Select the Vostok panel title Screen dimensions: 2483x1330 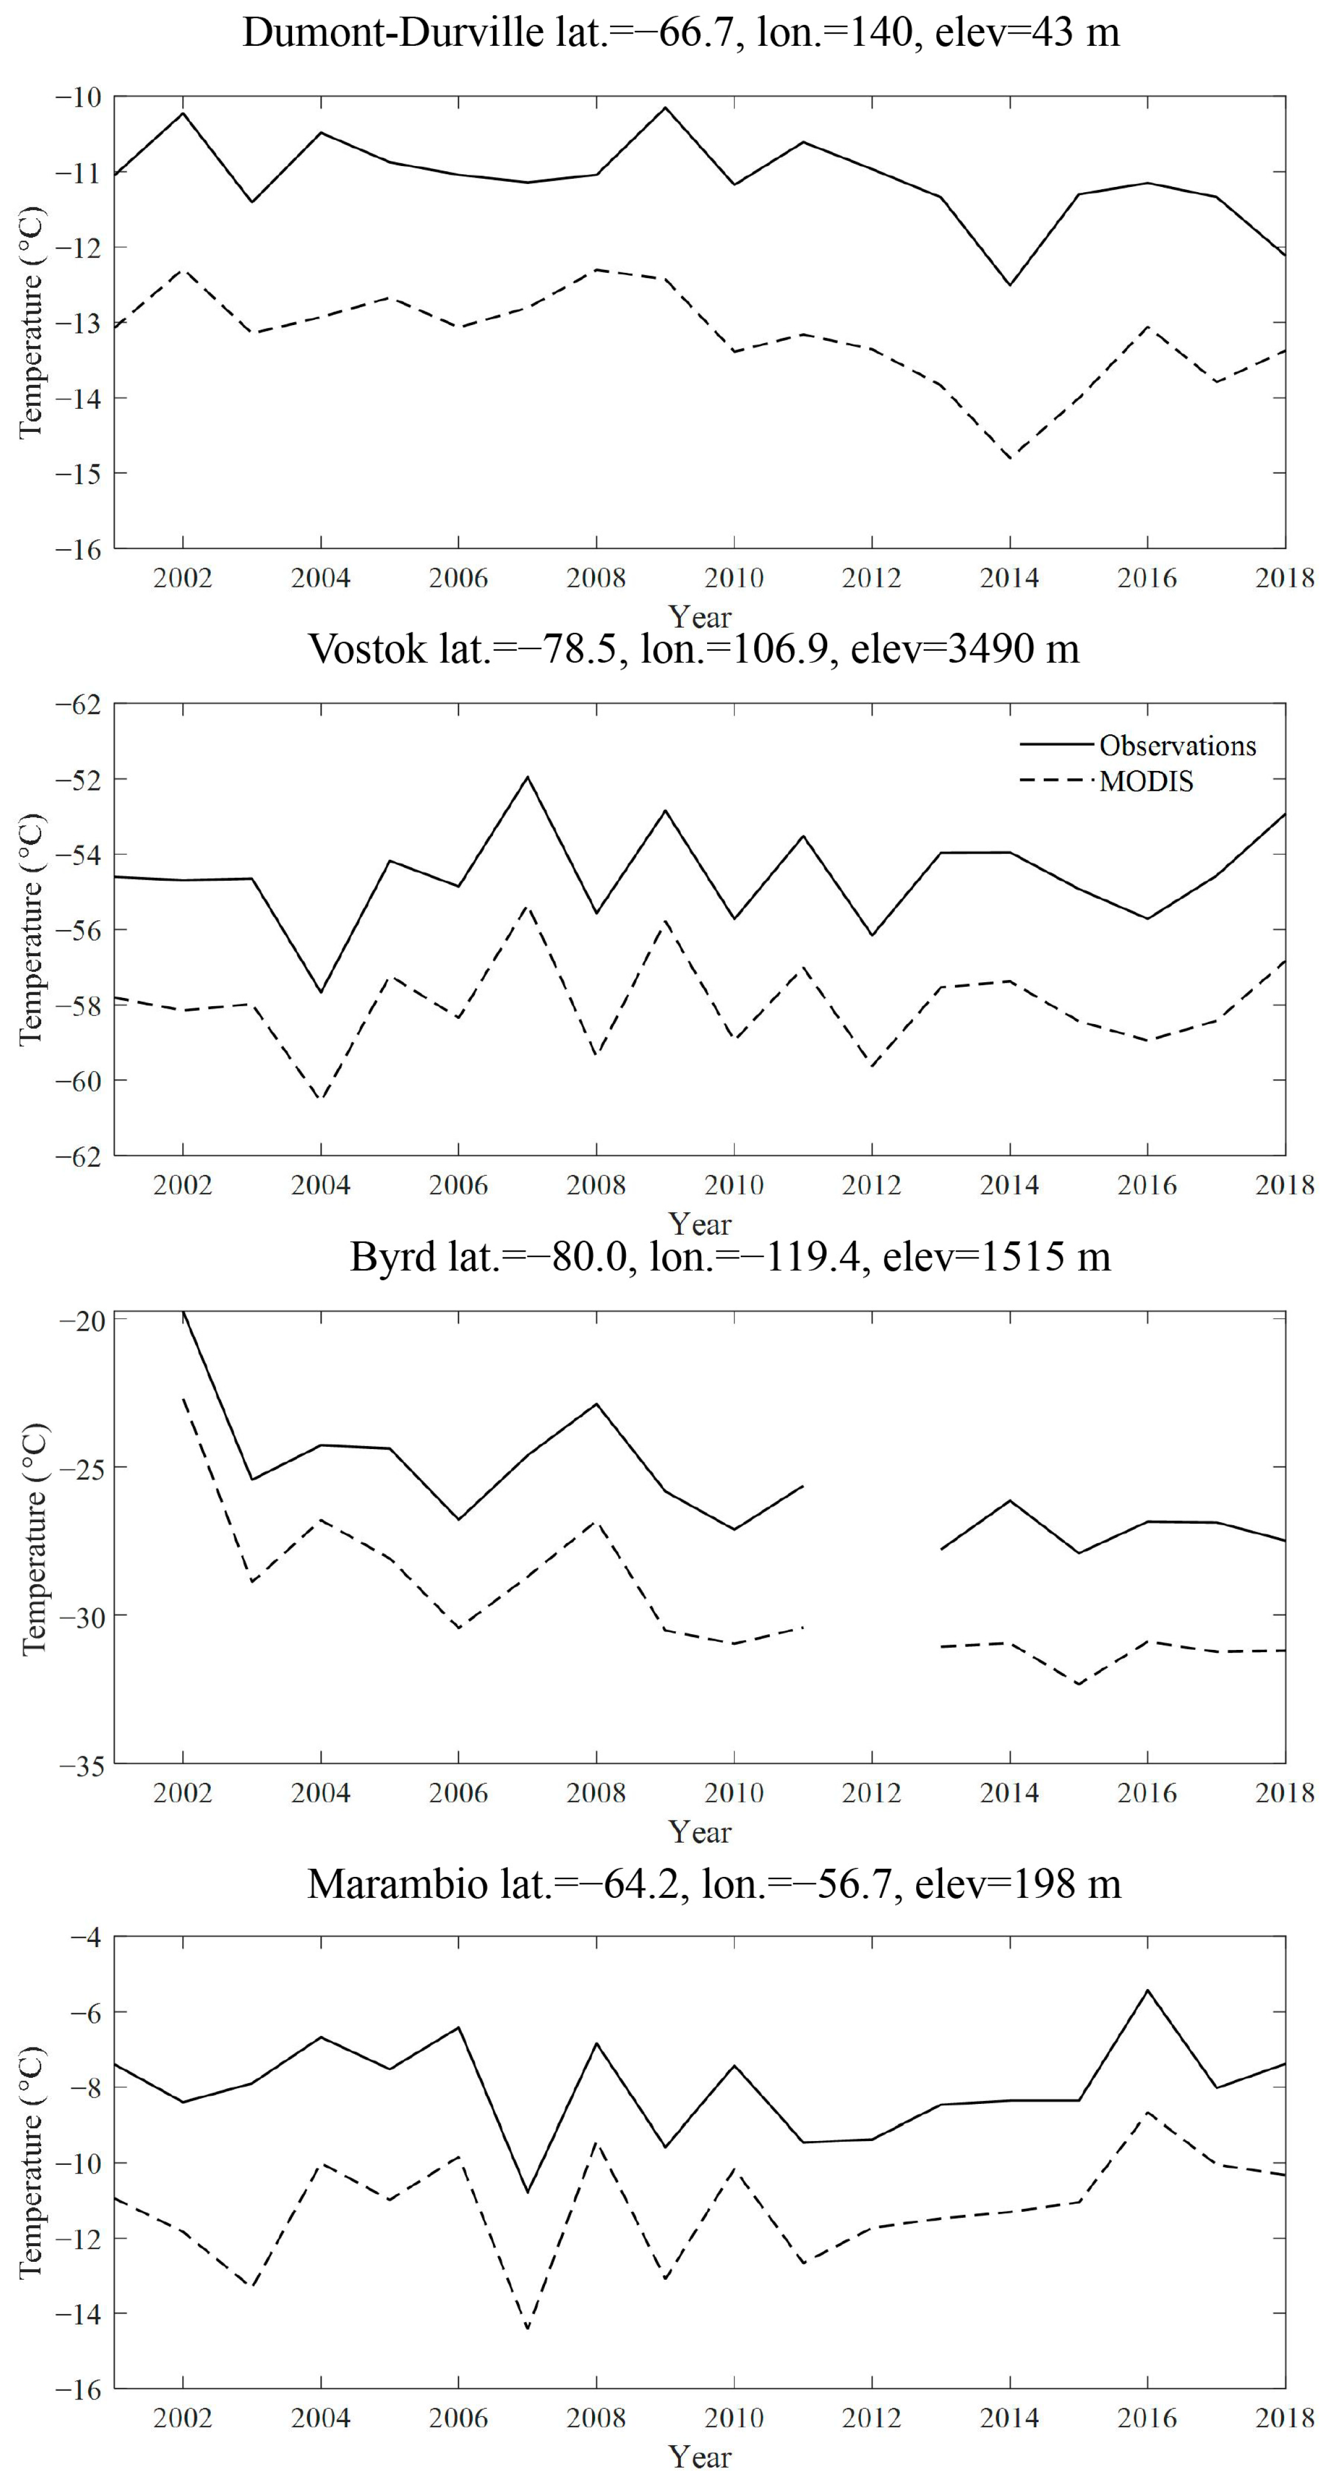(x=693, y=648)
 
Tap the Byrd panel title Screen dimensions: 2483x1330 (x=730, y=1257)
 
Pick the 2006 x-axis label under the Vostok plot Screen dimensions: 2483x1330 (x=458, y=1185)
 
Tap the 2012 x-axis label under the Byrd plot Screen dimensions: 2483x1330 (x=871, y=1793)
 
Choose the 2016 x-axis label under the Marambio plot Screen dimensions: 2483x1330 (x=1147, y=2419)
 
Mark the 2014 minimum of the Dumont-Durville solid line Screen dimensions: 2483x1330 (x=1010, y=285)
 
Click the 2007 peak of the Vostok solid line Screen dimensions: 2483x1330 (x=527, y=777)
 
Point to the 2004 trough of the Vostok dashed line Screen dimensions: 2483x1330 (x=321, y=1100)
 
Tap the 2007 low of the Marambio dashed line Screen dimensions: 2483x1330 (x=527, y=2329)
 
